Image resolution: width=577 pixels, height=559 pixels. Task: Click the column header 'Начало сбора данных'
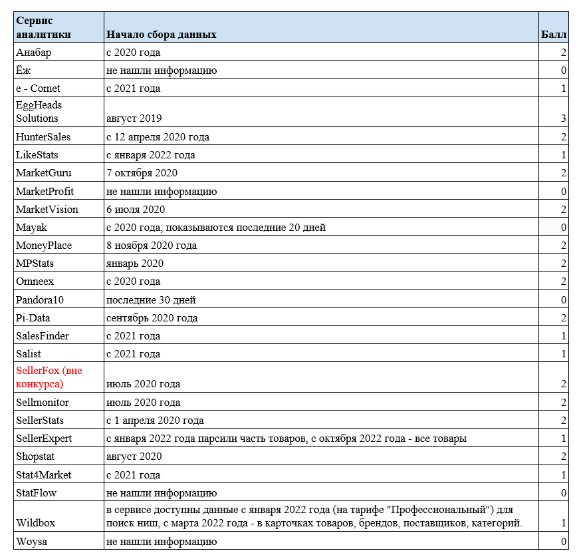(162, 34)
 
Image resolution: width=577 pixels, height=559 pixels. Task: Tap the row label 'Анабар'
(33, 53)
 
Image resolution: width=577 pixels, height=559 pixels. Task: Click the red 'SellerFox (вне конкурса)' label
(49, 377)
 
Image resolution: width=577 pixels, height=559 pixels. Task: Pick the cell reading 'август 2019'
(134, 118)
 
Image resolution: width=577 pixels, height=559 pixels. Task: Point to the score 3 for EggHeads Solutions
(563, 118)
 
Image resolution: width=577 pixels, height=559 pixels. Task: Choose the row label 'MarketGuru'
(43, 173)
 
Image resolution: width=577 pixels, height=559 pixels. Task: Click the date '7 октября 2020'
(142, 173)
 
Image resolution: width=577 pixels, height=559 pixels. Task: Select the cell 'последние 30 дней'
(151, 300)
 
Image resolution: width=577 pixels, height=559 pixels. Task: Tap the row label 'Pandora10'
(40, 300)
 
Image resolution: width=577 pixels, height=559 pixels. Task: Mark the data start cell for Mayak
(216, 228)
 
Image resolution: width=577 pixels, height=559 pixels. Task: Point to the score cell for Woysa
(563, 542)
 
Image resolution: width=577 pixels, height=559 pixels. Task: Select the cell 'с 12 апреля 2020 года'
(158, 137)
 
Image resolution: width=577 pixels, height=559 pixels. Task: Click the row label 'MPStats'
(35, 264)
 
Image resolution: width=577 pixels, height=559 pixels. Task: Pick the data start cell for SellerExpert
(286, 439)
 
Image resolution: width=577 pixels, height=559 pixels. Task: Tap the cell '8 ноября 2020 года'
(152, 246)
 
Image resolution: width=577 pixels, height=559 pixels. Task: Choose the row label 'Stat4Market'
(44, 475)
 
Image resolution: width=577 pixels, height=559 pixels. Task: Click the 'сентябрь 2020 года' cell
(152, 318)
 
